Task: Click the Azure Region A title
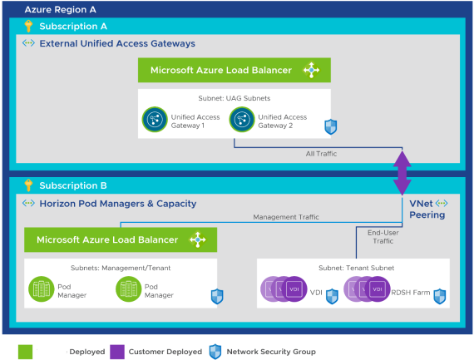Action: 61,10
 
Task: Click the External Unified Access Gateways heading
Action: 116,43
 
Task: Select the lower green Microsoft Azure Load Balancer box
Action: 121,239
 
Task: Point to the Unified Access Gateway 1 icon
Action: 154,121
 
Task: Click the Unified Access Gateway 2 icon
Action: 241,121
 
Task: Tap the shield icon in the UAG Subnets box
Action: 330,126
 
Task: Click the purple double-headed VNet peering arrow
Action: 402,171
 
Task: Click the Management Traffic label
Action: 286,217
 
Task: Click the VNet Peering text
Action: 427,209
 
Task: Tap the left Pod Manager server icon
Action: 41,289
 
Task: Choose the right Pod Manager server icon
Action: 127,289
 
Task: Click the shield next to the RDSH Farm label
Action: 440,294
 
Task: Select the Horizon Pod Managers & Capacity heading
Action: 117,203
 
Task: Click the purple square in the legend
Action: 116,352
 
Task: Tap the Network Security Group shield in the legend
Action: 215,352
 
